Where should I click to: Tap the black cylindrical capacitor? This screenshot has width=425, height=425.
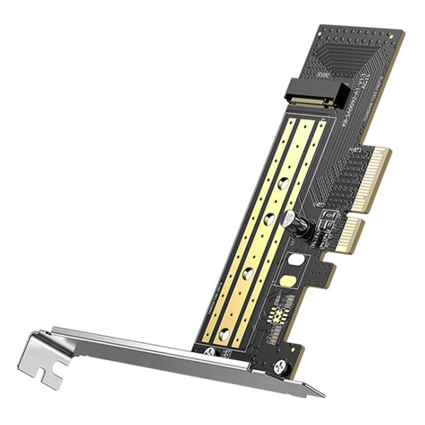pyautogui.click(x=297, y=225)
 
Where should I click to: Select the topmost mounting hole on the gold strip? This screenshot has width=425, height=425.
pyautogui.click(x=283, y=183)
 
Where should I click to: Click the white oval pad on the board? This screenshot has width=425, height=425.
pyautogui.click(x=297, y=260)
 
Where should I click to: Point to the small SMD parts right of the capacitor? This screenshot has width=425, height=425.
pyautogui.click(x=324, y=225)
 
